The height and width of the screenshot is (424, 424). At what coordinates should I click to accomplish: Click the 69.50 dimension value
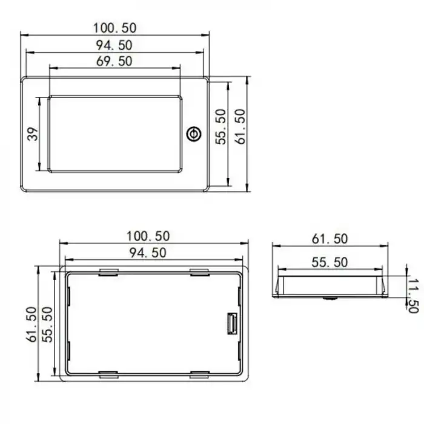114,61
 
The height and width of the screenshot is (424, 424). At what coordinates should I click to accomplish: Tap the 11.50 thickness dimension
413,293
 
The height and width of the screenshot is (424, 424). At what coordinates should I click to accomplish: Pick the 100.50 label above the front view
114,27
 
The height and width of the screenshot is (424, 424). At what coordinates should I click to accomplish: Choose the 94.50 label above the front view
114,44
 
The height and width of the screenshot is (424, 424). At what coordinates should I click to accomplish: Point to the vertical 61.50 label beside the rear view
31,325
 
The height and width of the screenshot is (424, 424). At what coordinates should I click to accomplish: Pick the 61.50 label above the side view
330,239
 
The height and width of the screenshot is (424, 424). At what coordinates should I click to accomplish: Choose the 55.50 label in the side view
330,262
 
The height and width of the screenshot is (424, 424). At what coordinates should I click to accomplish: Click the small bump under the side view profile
330,299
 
